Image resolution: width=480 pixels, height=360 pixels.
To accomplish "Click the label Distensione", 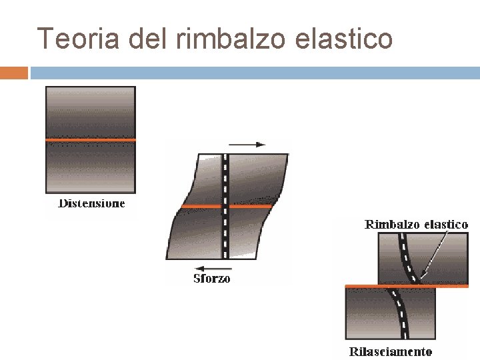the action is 91,203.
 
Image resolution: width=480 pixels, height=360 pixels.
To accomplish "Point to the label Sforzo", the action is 211,278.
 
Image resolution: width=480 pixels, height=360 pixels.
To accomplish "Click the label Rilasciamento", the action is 391,351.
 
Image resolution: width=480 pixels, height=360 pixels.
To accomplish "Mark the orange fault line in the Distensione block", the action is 90,140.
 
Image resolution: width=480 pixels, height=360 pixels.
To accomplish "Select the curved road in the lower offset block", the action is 401,313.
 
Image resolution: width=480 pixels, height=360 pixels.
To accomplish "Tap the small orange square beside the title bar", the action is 14,73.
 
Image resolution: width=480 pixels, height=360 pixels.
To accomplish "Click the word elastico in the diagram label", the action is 446,225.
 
